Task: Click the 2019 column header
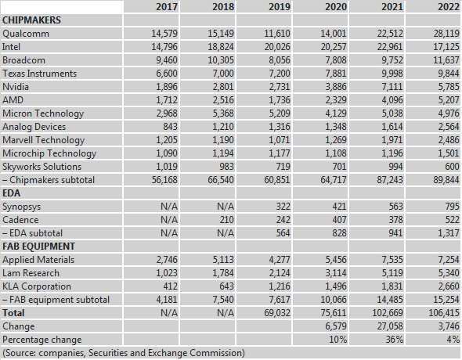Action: click(x=279, y=6)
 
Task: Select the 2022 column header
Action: click(x=449, y=6)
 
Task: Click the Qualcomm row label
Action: click(x=26, y=34)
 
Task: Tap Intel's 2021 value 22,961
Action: click(x=390, y=47)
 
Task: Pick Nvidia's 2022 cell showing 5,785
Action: click(x=449, y=87)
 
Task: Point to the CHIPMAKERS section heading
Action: click(x=31, y=20)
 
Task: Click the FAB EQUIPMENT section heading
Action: click(x=38, y=246)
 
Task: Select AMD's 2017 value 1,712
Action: click(x=167, y=100)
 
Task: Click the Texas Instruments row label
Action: click(x=39, y=74)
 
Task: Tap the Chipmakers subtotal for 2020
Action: click(x=334, y=180)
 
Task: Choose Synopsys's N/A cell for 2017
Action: click(x=169, y=207)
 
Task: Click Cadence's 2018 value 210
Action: click(x=226, y=220)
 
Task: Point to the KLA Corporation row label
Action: click(x=37, y=286)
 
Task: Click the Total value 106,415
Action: click(x=444, y=312)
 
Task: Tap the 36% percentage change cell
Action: click(x=394, y=340)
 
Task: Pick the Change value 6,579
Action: click(x=336, y=326)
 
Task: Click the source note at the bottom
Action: click(x=124, y=353)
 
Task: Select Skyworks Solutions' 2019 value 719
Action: click(x=283, y=167)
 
